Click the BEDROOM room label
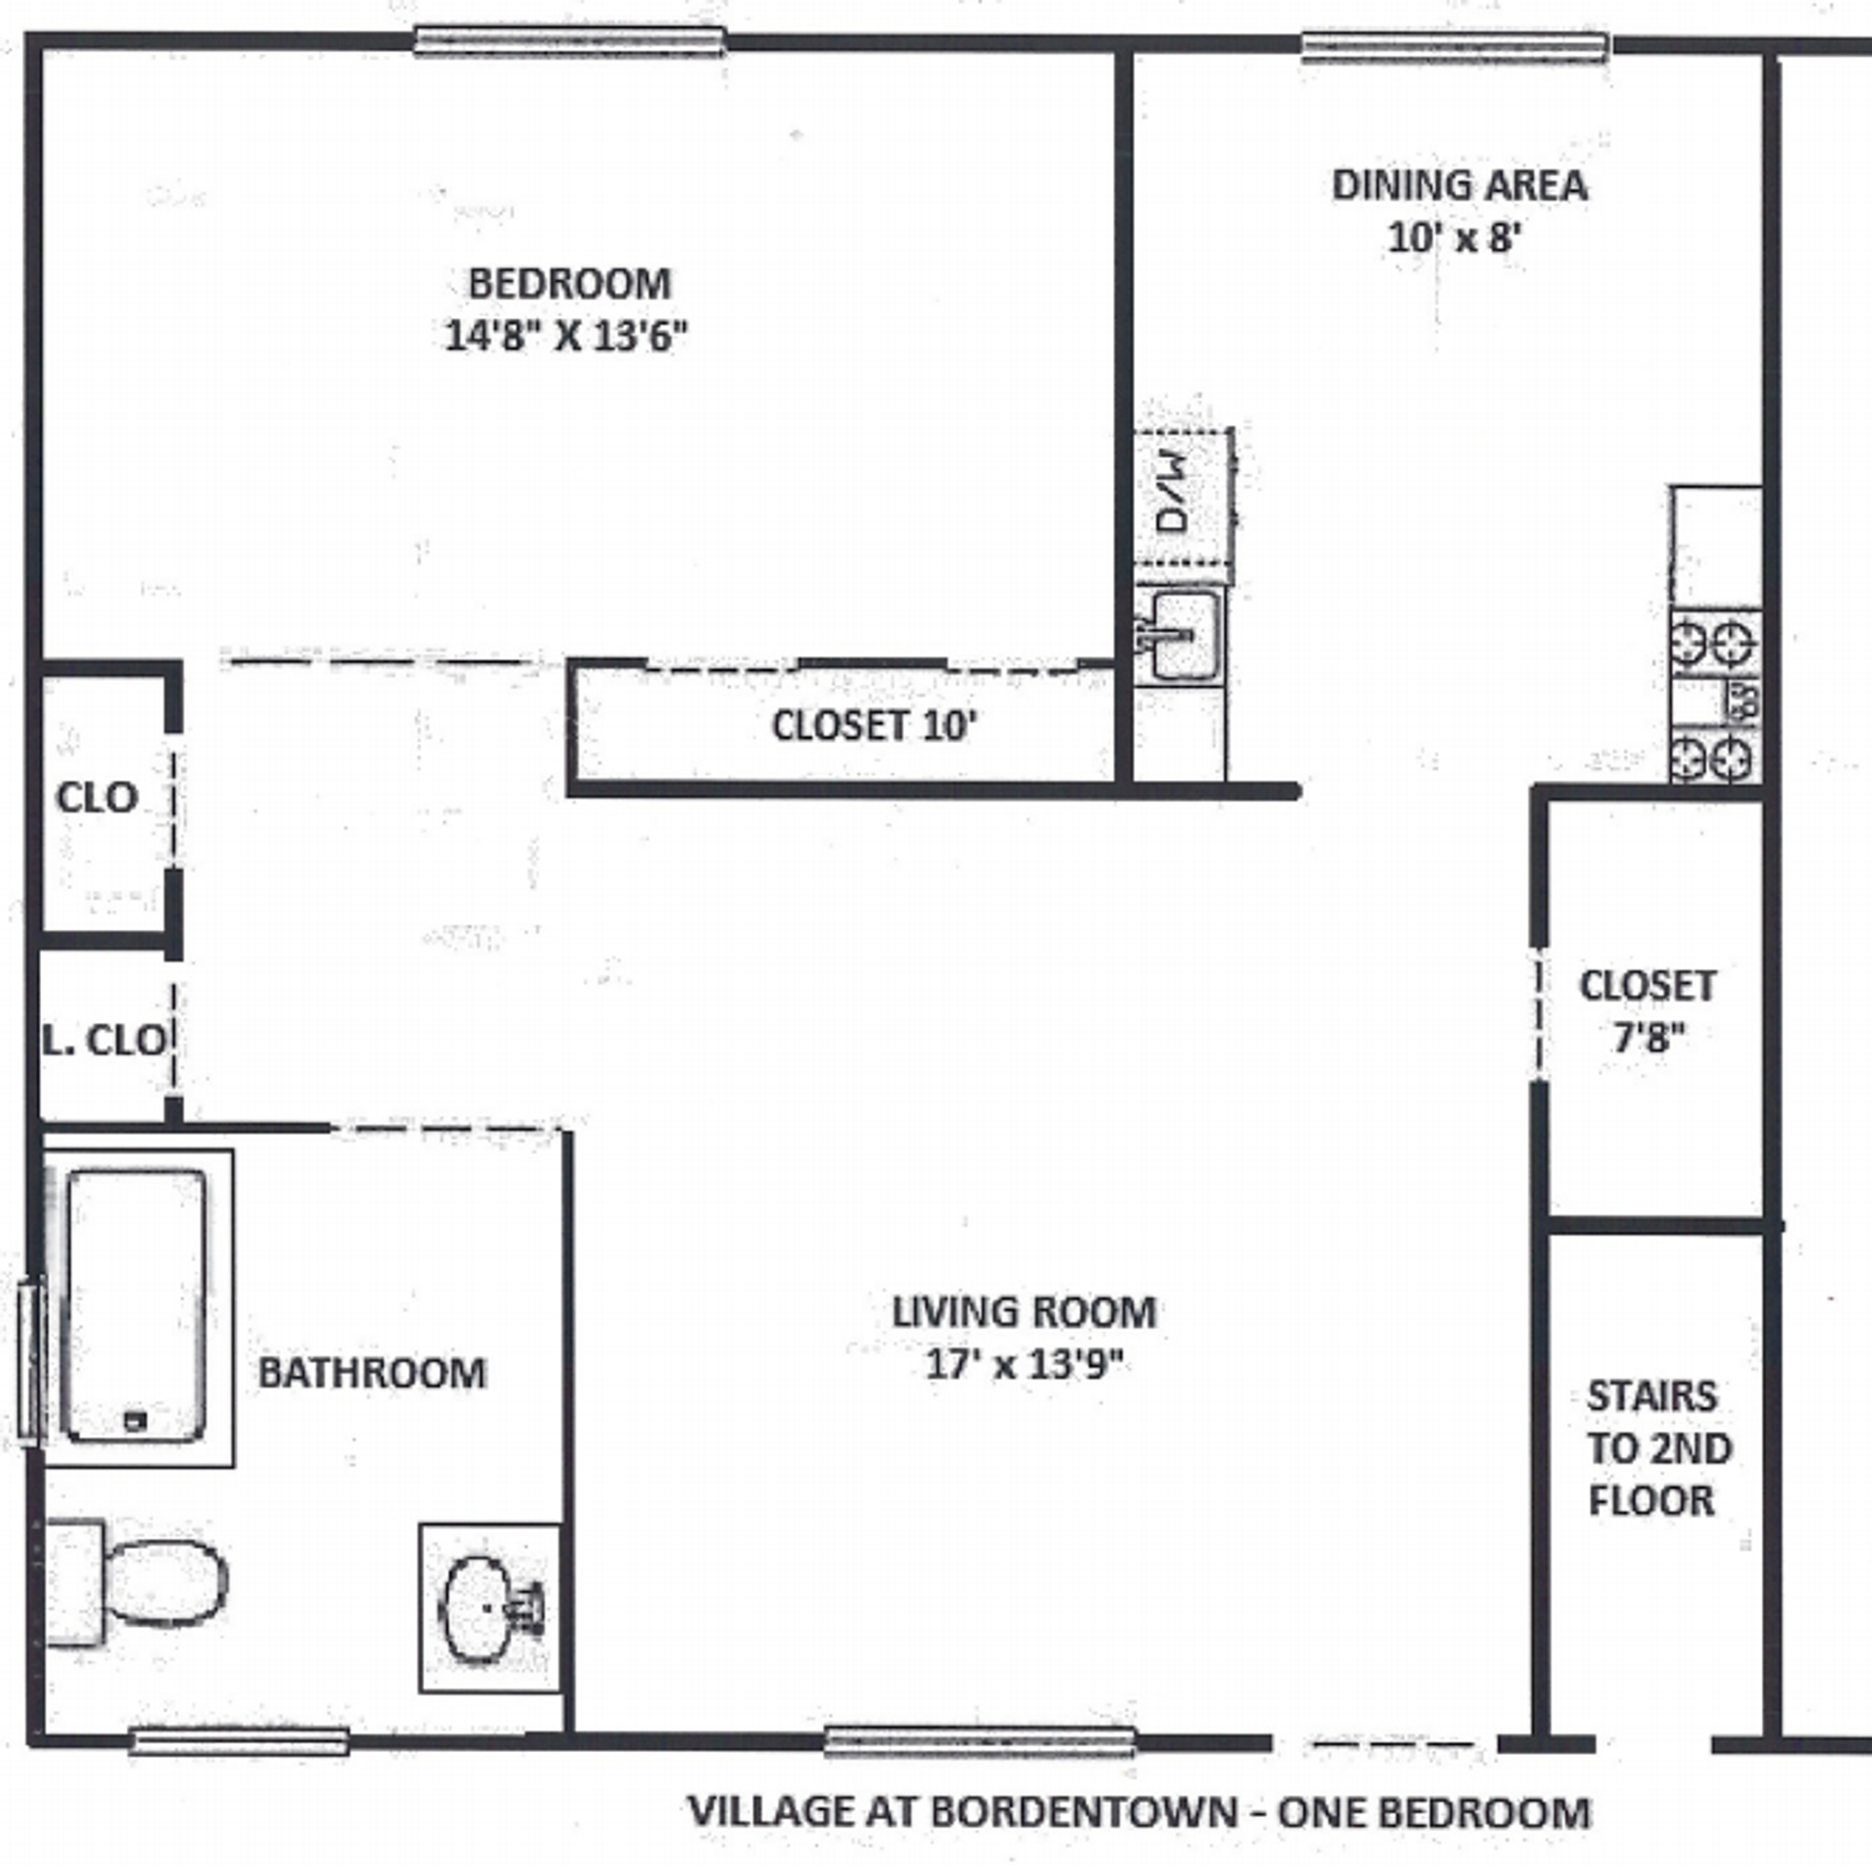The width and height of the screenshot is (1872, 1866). point(569,285)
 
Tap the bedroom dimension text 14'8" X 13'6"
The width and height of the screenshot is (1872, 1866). point(565,336)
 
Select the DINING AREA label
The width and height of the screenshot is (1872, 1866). point(1459,185)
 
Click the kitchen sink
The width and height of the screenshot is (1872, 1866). point(1182,636)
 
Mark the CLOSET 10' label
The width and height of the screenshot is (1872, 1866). point(874,725)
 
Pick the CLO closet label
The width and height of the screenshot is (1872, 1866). point(96,797)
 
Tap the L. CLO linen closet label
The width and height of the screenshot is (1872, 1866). point(103,1039)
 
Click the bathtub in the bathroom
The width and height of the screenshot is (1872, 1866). point(135,1306)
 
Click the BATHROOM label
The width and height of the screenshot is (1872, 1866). point(371,1373)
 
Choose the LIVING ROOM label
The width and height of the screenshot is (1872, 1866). point(1024,1311)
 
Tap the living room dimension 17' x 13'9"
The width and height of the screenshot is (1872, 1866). point(1024,1364)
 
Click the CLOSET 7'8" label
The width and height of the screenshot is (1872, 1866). point(1648,1011)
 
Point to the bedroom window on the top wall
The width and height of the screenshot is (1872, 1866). point(569,42)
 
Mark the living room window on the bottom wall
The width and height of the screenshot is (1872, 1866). point(979,1741)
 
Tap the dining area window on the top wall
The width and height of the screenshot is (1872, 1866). point(1455,46)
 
